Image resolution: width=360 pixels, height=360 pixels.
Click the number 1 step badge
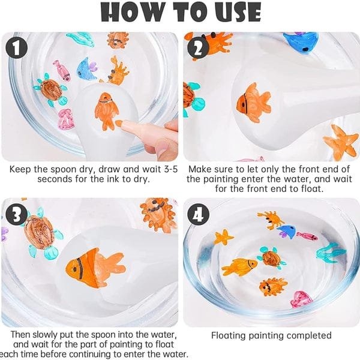(17, 48)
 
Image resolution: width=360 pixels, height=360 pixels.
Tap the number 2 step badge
(197, 48)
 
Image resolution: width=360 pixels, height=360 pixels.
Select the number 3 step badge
(17, 215)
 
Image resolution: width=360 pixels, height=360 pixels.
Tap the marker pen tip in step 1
(118, 123)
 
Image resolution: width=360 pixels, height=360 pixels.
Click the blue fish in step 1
(86, 69)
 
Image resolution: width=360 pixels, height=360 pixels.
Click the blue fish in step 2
(301, 42)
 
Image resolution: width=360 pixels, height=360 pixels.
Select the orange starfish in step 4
(223, 237)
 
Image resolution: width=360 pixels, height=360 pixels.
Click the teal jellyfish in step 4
(330, 253)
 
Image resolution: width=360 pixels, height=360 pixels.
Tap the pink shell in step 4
(301, 299)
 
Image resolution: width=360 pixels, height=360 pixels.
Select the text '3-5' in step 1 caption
(171, 169)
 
